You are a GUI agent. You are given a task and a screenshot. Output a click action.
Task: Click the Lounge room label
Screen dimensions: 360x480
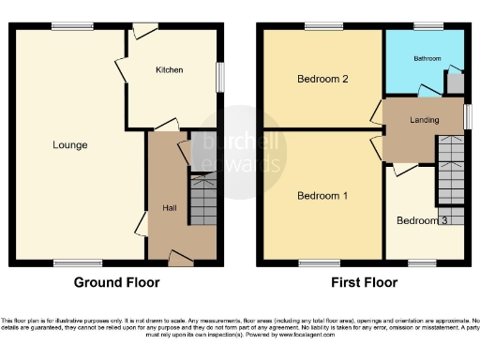[70, 145]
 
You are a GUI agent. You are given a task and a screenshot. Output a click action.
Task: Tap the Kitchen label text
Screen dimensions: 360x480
[170, 70]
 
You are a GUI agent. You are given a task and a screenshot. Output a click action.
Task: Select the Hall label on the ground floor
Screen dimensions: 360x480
[170, 207]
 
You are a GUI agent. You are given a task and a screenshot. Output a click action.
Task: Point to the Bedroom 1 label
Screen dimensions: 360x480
[322, 196]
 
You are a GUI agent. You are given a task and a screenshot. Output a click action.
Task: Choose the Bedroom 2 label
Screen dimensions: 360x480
[322, 79]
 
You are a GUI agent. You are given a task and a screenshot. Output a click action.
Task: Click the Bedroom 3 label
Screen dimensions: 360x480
[422, 221]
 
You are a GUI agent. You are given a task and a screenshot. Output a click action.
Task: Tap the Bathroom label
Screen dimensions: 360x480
[427, 59]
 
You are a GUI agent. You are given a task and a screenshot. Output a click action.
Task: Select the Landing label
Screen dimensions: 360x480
[425, 120]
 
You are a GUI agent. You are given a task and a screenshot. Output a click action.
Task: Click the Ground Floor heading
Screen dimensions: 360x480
[116, 282]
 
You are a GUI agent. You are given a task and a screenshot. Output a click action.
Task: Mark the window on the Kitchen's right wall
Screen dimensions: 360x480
[222, 77]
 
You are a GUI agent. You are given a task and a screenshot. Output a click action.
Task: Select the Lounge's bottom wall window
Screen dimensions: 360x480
[65, 262]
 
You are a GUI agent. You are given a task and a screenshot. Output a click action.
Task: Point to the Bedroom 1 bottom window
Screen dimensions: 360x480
[313, 262]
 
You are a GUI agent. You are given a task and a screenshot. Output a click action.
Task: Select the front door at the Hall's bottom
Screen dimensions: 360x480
[180, 257]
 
